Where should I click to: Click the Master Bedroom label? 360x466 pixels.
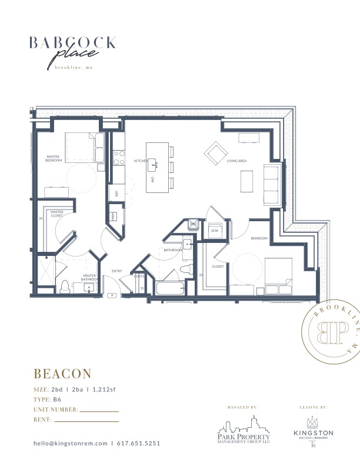[x=54, y=158]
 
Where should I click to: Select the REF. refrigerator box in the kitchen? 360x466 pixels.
[x=116, y=194]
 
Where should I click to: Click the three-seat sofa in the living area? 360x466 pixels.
[x=272, y=184]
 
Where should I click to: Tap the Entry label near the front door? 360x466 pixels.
[x=116, y=271]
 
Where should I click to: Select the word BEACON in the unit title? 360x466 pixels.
[x=62, y=374]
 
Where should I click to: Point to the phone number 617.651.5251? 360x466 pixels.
[x=138, y=443]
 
